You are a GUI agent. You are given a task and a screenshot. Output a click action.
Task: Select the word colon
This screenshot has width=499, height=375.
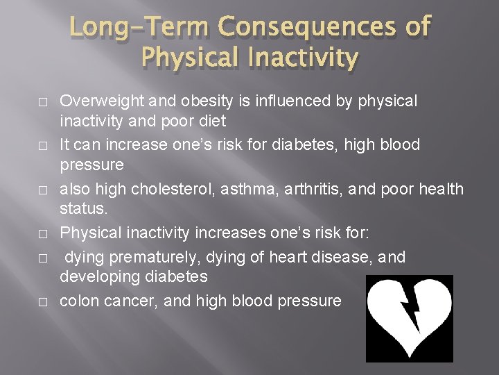pyautogui.click(x=77, y=301)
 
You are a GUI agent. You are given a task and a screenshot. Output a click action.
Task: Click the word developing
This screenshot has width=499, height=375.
pyautogui.click(x=97, y=276)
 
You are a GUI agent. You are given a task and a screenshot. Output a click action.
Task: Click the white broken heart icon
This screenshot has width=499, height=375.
pyautogui.click(x=409, y=318)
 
